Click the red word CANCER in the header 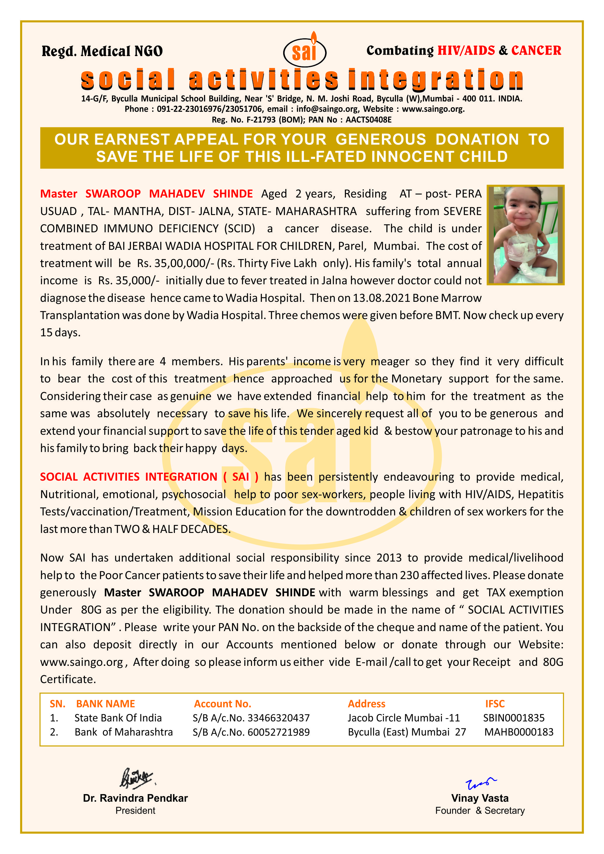tap(536, 51)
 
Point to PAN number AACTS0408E tap(368, 120)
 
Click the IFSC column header tap(495, 704)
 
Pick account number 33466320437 tap(278, 718)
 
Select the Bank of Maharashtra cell tap(124, 732)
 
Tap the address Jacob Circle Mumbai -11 tap(404, 718)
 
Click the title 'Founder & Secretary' tap(480, 810)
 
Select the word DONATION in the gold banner tap(477, 139)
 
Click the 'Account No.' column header tap(222, 704)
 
